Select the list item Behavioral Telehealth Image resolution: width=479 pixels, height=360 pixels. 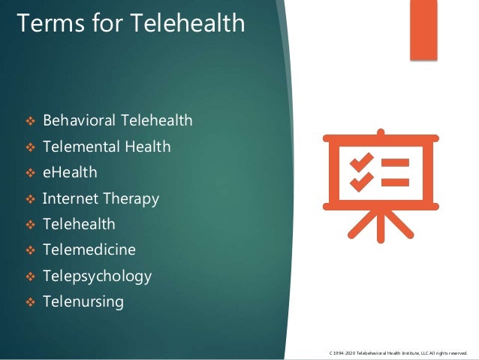[118, 120]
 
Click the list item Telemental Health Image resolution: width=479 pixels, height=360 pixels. [107, 147]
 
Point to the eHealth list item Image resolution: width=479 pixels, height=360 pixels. [70, 172]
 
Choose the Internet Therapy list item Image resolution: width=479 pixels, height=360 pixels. [101, 198]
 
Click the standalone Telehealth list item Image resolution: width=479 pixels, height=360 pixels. [79, 224]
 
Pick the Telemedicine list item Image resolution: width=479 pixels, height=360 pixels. [89, 250]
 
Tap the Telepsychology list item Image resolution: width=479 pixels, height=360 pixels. [97, 276]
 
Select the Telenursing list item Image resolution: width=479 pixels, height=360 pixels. [83, 302]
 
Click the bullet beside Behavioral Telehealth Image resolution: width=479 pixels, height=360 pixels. [31, 121]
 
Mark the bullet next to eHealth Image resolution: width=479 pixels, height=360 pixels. [31, 173]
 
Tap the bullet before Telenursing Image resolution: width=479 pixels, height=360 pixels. [31, 303]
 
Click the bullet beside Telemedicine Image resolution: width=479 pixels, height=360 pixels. [31, 250]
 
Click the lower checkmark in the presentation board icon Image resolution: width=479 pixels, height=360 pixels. [363, 181]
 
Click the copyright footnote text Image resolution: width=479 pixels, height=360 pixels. [398, 352]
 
